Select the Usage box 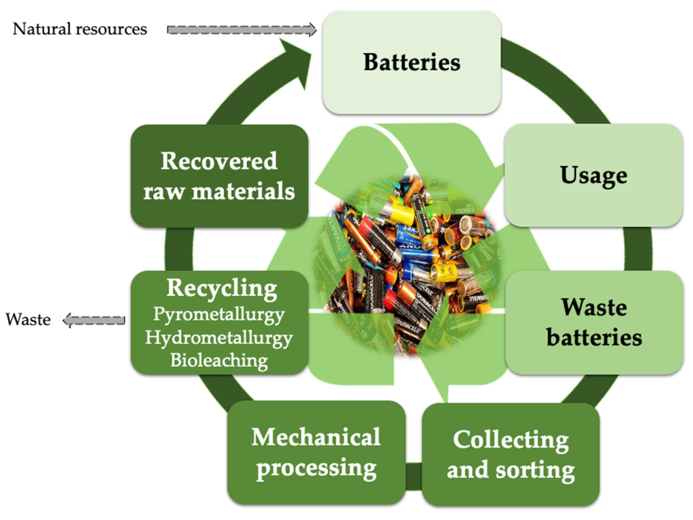(593, 175)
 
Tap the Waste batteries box (594, 322)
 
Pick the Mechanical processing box (316, 452)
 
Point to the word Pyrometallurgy (219, 314)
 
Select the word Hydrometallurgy (219, 338)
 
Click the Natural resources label (80, 29)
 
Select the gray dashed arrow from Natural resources (241, 30)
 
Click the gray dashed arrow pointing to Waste (94, 320)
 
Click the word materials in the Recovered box (243, 192)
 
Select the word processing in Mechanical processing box (316, 468)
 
